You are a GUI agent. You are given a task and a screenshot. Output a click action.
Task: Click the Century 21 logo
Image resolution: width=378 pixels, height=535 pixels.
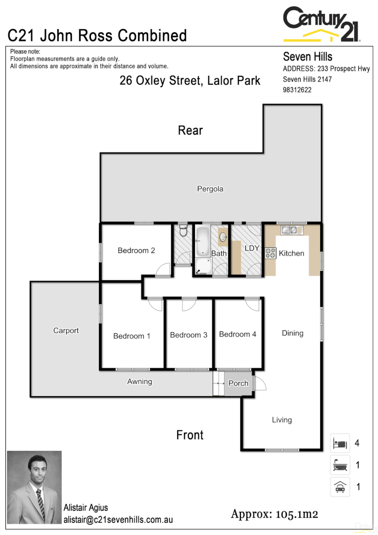click(321, 24)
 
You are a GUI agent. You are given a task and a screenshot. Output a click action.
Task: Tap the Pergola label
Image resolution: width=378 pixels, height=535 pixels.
click(210, 189)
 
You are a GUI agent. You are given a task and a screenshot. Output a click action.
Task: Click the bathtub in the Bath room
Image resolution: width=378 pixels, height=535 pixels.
click(203, 239)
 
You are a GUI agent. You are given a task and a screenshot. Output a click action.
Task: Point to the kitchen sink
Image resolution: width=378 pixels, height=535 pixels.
click(289, 230)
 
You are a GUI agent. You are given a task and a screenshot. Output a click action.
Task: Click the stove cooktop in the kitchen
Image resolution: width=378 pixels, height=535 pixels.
click(271, 253)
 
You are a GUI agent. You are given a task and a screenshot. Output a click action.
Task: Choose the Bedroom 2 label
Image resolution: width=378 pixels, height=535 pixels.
click(136, 250)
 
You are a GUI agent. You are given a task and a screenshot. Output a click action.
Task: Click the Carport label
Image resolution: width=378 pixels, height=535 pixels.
click(66, 330)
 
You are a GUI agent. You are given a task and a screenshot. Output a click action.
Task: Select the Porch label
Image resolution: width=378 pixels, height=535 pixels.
click(238, 383)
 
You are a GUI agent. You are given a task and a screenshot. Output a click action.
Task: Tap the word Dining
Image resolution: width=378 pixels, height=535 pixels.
click(292, 333)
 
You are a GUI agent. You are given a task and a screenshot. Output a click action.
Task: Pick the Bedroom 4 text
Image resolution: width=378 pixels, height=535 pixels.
click(237, 334)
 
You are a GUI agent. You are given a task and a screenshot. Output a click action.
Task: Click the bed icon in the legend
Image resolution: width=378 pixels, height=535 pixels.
click(340, 443)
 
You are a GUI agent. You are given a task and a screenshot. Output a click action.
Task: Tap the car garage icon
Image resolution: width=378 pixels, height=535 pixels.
click(340, 487)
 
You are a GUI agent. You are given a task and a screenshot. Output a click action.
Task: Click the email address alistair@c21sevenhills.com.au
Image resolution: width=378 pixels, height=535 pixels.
click(118, 520)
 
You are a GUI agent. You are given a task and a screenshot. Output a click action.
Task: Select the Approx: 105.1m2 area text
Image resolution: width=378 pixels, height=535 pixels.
click(274, 514)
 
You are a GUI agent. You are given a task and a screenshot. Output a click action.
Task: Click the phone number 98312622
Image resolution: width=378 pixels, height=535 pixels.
click(297, 90)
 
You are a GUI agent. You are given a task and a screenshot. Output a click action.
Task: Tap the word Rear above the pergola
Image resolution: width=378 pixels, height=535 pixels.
click(190, 130)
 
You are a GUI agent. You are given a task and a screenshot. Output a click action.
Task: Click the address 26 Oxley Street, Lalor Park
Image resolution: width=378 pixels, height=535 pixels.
click(190, 81)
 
